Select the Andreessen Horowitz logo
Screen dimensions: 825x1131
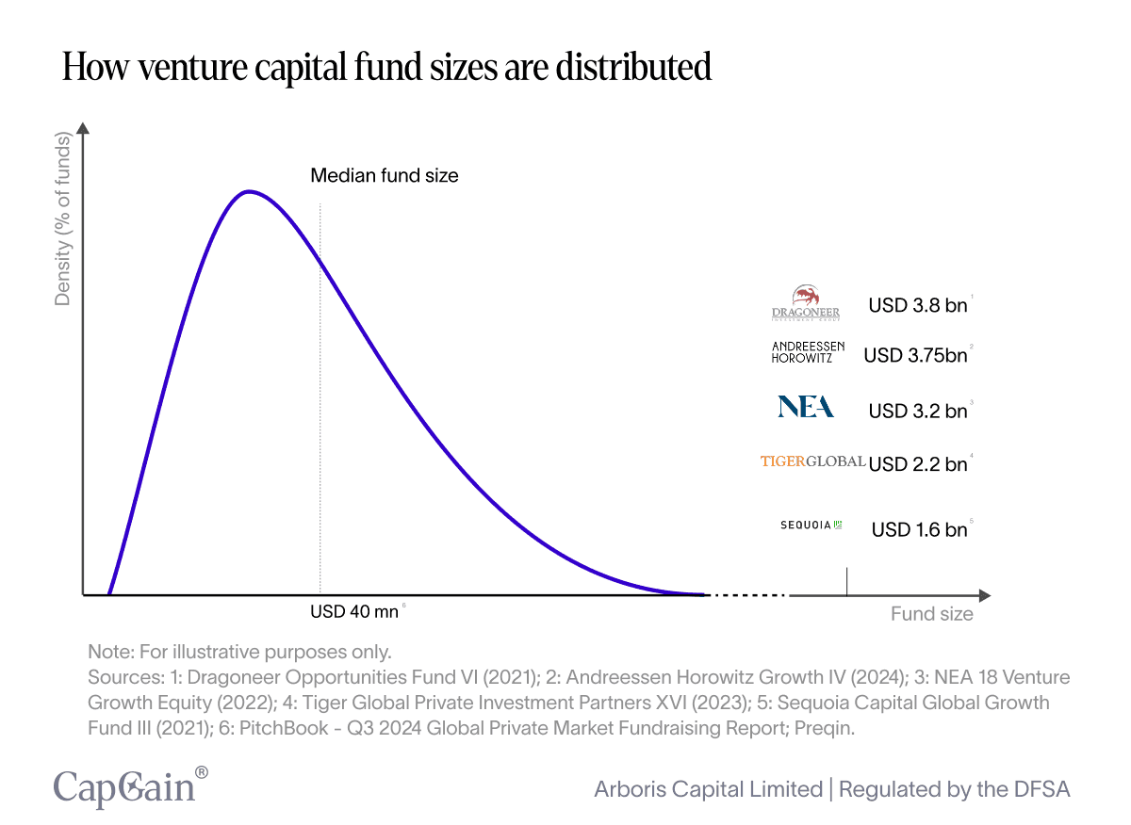pyautogui.click(x=808, y=352)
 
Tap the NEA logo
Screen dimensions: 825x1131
pyautogui.click(x=806, y=407)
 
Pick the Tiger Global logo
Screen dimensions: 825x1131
pyautogui.click(x=812, y=461)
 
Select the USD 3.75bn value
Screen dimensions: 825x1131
pyautogui.click(x=915, y=355)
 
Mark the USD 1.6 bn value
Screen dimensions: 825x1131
pyautogui.click(x=919, y=529)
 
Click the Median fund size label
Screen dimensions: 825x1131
pyautogui.click(x=385, y=175)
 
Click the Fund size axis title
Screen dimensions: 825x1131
pyautogui.click(x=931, y=614)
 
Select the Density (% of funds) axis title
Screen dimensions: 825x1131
pyautogui.click(x=63, y=220)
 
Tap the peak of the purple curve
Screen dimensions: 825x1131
pyautogui.click(x=248, y=192)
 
